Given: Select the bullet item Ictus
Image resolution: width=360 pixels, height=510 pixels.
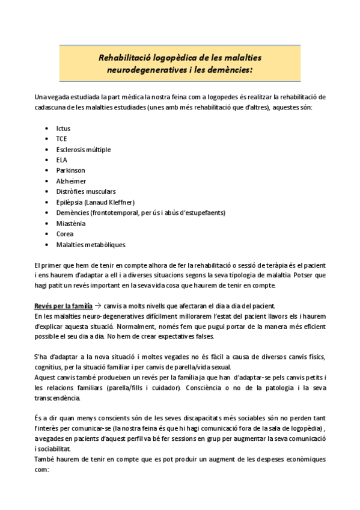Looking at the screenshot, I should (63, 129).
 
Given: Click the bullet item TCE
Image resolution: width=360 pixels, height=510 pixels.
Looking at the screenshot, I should (62, 139).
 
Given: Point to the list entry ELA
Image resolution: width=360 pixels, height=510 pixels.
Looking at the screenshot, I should (61, 160).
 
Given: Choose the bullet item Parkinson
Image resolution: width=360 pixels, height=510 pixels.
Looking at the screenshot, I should (70, 171).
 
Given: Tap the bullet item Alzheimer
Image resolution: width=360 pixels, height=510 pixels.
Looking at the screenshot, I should (71, 181).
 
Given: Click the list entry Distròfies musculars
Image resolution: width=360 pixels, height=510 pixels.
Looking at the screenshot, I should (85, 191).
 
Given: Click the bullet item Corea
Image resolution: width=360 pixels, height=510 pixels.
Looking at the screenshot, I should (65, 234).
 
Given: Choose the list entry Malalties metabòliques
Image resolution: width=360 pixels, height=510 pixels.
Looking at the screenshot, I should (91, 244).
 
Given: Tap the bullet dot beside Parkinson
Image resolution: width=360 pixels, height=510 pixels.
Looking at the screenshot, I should (47, 171).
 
